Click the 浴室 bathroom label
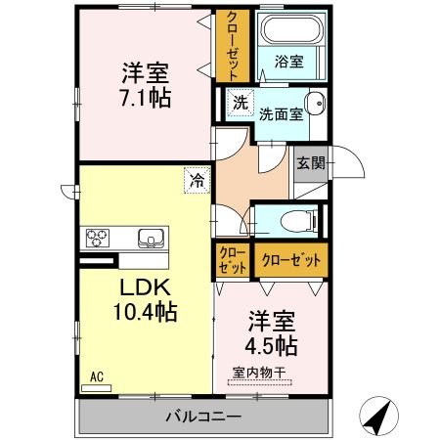point(290,61)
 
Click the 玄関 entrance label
point(311,162)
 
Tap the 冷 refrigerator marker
point(198,180)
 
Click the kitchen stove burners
point(100,238)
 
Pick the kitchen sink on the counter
point(152,238)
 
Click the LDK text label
point(146,287)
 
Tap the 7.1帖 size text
point(146,97)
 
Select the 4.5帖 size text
point(271,345)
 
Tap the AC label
point(97,374)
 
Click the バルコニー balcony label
point(202,417)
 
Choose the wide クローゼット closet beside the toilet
point(291,259)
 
